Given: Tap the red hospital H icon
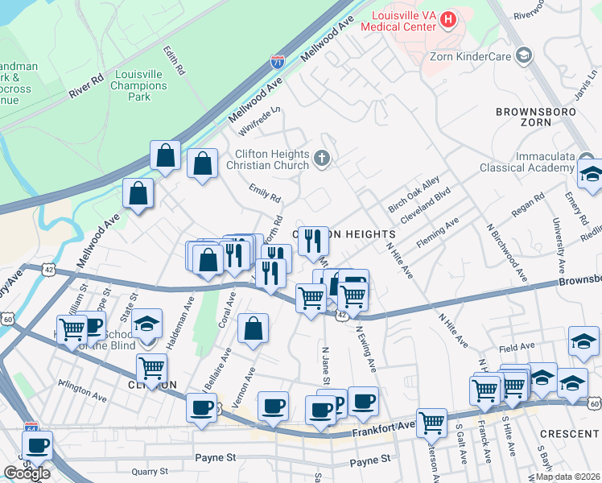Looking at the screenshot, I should pyautogui.click(x=449, y=18).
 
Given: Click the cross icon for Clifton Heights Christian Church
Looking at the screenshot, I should pyautogui.click(x=322, y=159).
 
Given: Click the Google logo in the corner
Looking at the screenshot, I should pyautogui.click(x=27, y=473).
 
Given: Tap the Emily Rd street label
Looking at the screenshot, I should pyautogui.click(x=264, y=193).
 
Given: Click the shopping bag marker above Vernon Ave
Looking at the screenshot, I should pyautogui.click(x=253, y=328).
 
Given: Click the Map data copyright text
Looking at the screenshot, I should pyautogui.click(x=568, y=477).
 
